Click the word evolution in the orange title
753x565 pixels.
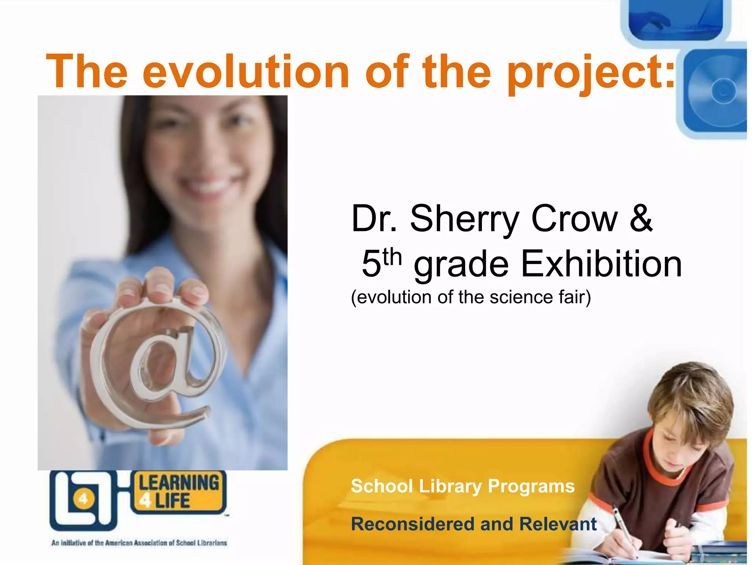pos(246,72)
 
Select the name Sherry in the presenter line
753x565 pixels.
pos(464,219)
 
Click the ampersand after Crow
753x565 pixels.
pos(641,218)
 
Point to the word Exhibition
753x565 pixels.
pos(602,264)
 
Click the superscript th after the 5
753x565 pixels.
pos(392,257)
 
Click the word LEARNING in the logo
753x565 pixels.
pos(179,483)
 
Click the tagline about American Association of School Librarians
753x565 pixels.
pos(139,543)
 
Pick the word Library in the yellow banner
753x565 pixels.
pos(450,486)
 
